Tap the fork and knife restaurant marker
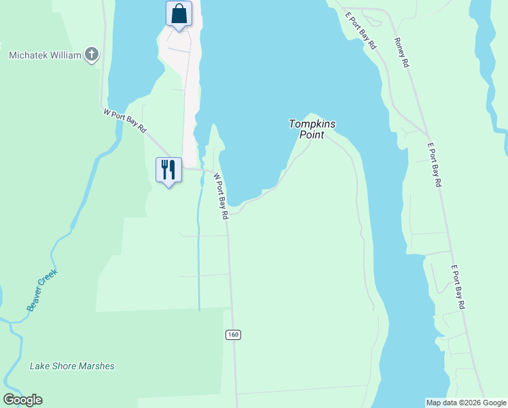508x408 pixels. tap(168, 169)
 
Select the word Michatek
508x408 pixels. tap(28, 54)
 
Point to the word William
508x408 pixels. tap(66, 54)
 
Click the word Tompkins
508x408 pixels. tap(312, 124)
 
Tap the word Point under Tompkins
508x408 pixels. tap(312, 135)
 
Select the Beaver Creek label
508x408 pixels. tap(42, 291)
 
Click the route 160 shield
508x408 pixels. tap(233, 335)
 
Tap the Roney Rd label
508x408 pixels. tap(401, 52)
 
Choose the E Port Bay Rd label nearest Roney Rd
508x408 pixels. tap(361, 31)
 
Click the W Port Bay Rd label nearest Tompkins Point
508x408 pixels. tap(220, 195)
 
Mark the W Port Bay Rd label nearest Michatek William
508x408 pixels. tap(125, 120)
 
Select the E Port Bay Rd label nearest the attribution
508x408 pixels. tap(458, 287)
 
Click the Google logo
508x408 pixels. tap(22, 400)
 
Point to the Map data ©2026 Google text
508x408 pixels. tap(467, 403)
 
